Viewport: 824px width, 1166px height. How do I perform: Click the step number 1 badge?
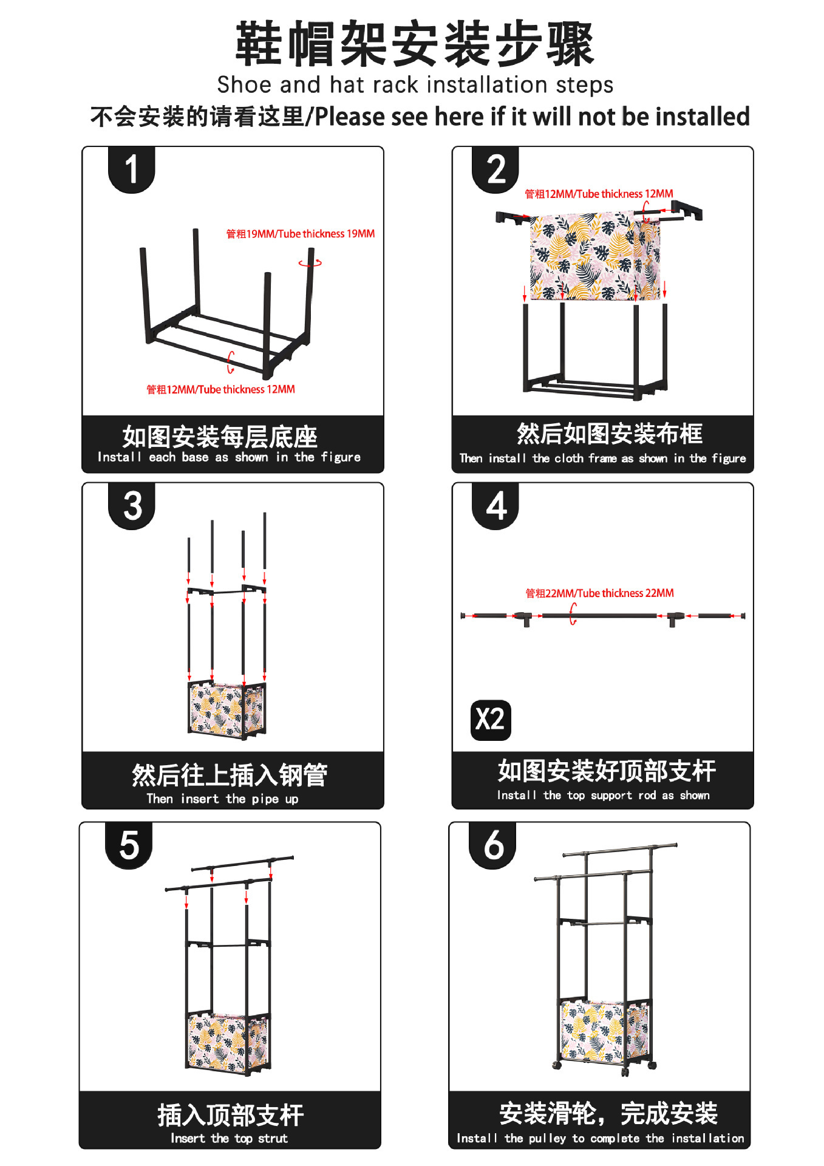point(131,169)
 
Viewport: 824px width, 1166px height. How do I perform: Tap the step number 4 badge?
point(495,506)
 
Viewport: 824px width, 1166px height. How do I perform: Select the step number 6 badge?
point(492,845)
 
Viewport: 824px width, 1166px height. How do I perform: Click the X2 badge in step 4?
point(491,720)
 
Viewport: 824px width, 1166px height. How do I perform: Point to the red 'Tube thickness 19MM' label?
point(301,234)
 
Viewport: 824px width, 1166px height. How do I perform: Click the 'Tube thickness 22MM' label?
point(599,593)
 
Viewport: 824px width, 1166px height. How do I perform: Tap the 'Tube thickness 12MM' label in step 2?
point(599,194)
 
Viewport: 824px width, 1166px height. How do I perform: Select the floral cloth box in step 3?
point(226,709)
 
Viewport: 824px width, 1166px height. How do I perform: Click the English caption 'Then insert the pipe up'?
point(222,799)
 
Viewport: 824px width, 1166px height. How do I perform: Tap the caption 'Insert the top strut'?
point(229,1138)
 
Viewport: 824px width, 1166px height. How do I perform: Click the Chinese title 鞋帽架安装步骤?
point(415,44)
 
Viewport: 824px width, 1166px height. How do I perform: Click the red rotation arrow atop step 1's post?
point(310,263)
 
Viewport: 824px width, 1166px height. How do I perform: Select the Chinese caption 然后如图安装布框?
point(609,434)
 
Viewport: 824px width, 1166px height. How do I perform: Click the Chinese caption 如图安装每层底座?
point(220,436)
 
